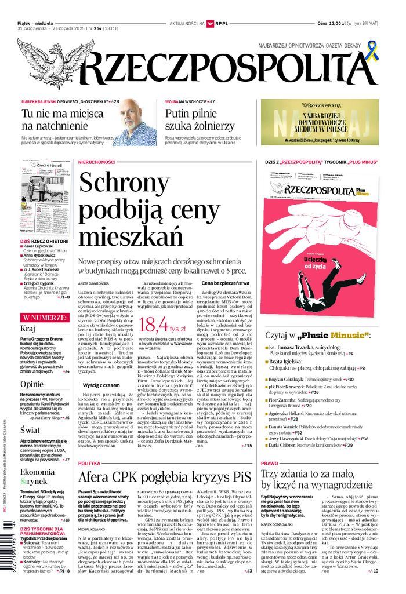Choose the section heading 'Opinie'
[x=31, y=384]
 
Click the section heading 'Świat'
[x=30, y=430]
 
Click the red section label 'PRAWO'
[x=270, y=464]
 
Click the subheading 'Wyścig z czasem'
[x=101, y=385]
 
